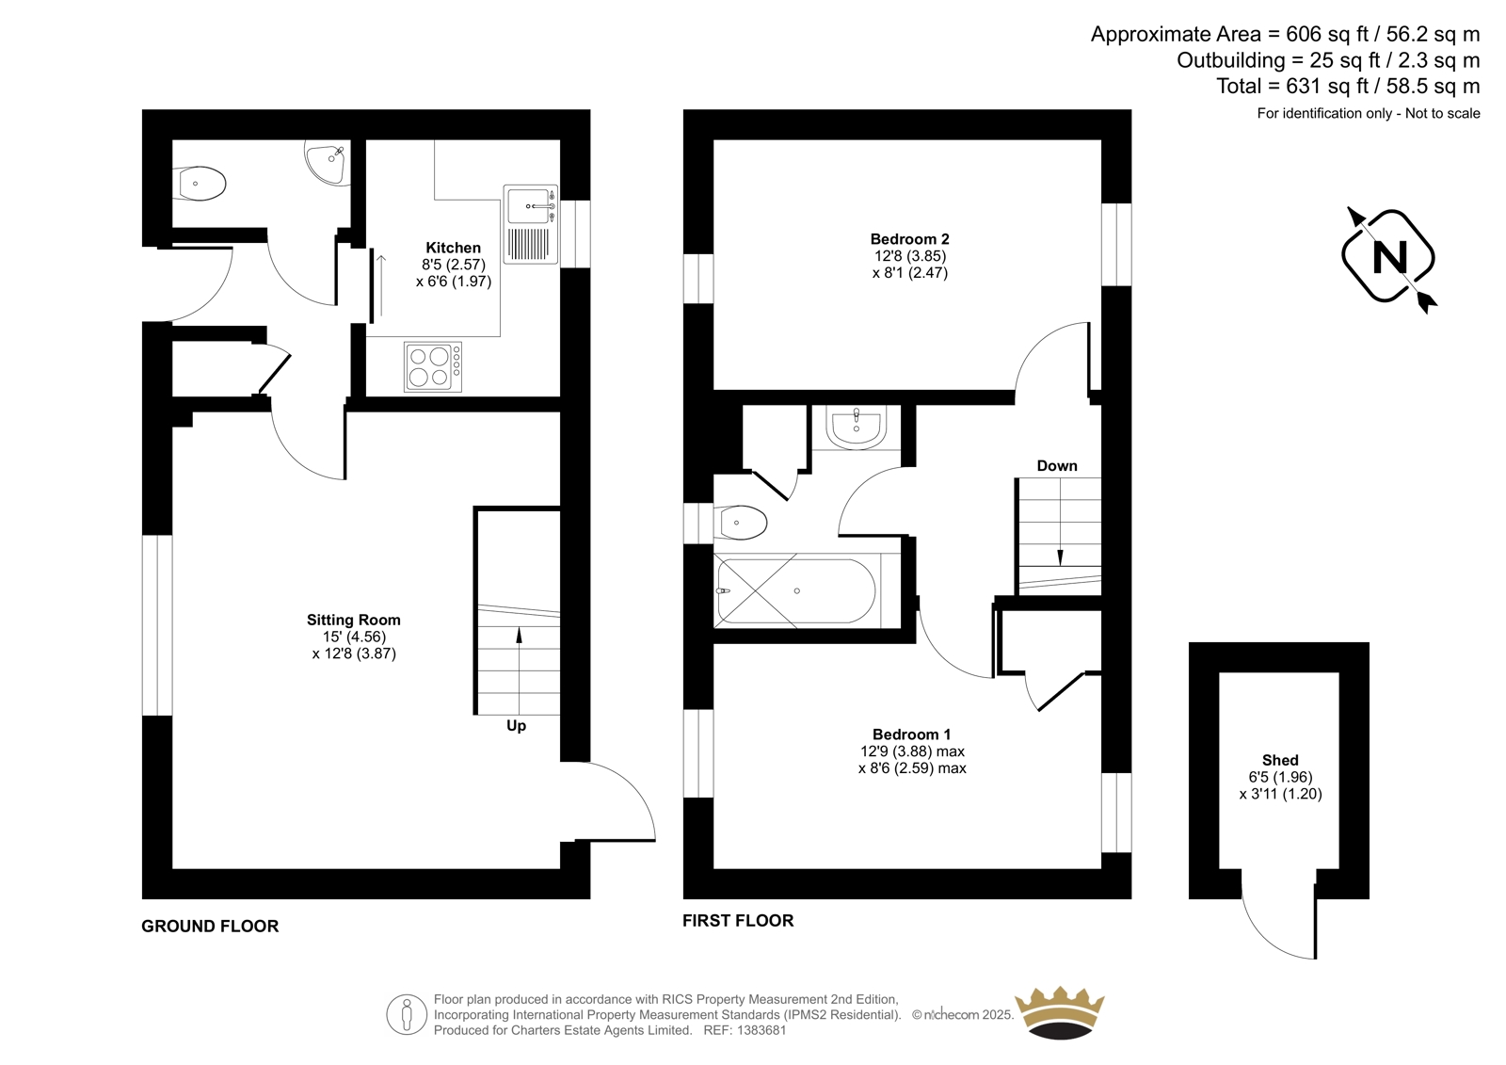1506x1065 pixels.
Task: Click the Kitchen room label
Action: [x=453, y=248]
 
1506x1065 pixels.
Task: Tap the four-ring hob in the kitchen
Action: [x=433, y=366]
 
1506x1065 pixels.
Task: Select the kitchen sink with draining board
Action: [x=531, y=224]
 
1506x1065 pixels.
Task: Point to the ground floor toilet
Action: [x=199, y=183]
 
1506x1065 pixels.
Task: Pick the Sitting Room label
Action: [x=354, y=620]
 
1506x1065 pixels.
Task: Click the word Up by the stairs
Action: [x=517, y=726]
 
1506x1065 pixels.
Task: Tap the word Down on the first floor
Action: [x=1057, y=465]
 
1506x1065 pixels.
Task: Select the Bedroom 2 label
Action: [x=909, y=239]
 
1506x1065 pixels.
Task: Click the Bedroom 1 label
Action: [x=912, y=734]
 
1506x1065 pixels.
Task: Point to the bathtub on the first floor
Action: [x=796, y=591]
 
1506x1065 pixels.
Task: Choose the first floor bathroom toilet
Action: [x=740, y=523]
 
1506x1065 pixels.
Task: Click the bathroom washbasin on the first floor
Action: [x=856, y=428]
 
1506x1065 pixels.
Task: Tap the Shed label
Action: [x=1280, y=760]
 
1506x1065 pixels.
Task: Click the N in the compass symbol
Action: [x=1389, y=257]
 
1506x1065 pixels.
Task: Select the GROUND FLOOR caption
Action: [x=210, y=927]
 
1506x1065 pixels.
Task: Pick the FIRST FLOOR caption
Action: [x=738, y=920]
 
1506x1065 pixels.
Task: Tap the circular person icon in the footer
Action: [x=407, y=1014]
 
